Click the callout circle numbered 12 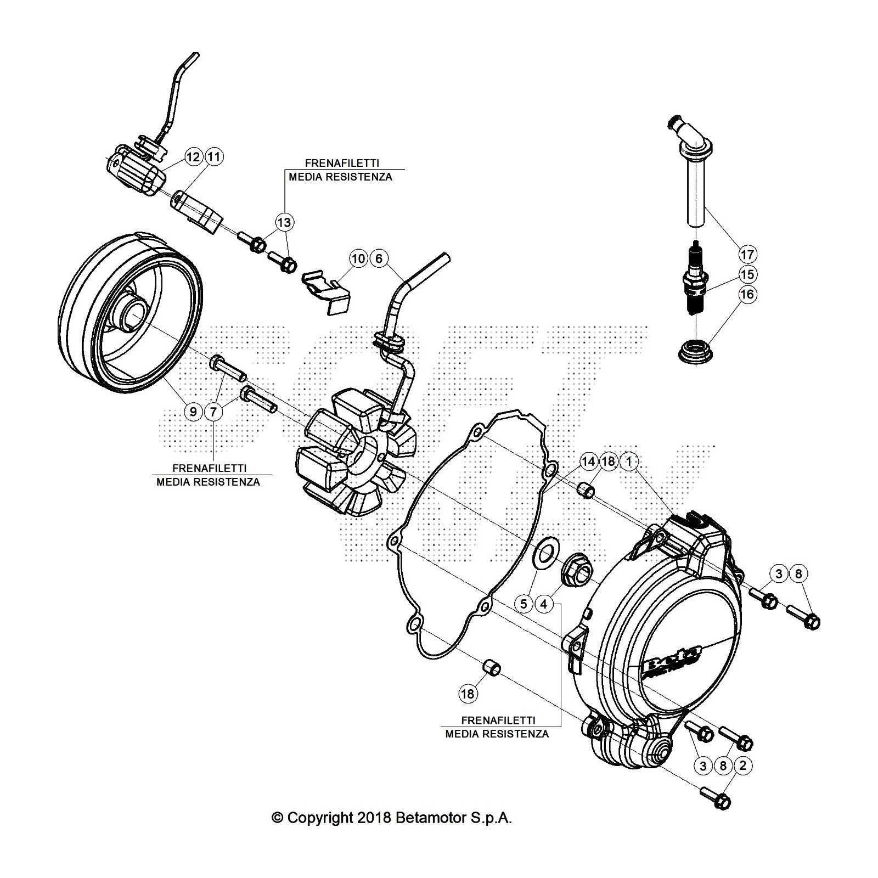[193, 157]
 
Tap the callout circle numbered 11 [214, 157]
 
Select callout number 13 [284, 222]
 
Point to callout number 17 [747, 255]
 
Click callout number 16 [747, 294]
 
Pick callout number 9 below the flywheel [193, 410]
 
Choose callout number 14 [588, 461]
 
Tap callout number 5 [524, 604]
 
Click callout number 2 [743, 766]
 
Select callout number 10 [358, 258]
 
